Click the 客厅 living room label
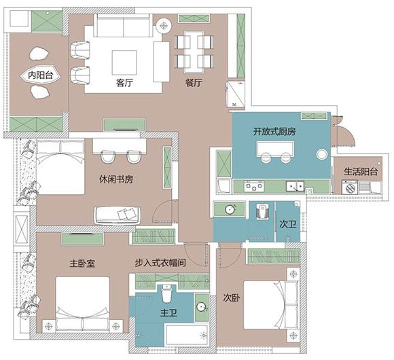(x=124, y=82)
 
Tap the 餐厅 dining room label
(x=194, y=82)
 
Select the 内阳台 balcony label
(x=41, y=75)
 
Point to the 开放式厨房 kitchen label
(x=274, y=131)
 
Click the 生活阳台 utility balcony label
(x=361, y=172)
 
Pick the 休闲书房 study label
(x=116, y=179)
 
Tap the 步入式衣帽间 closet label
(x=160, y=263)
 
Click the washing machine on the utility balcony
(x=350, y=187)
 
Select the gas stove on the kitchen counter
(x=254, y=186)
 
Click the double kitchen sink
(x=295, y=186)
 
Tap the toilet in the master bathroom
(x=166, y=293)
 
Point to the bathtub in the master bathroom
(x=187, y=336)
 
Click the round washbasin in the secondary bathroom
(x=230, y=209)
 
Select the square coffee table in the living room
(x=124, y=62)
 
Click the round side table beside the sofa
(x=164, y=25)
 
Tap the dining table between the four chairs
(x=194, y=50)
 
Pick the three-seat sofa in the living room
(x=124, y=25)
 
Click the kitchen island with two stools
(x=275, y=149)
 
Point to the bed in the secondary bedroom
(x=271, y=305)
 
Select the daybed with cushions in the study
(x=118, y=215)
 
